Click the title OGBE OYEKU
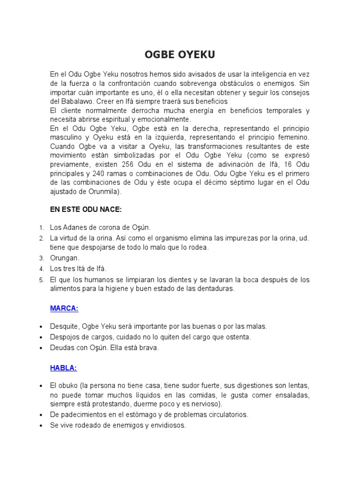coord(180,55)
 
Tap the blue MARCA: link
coord(64,308)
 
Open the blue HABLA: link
coord(63,368)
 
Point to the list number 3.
coord(41,258)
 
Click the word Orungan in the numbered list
coord(65,258)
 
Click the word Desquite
coord(65,326)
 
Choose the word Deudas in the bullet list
coord(62,348)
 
